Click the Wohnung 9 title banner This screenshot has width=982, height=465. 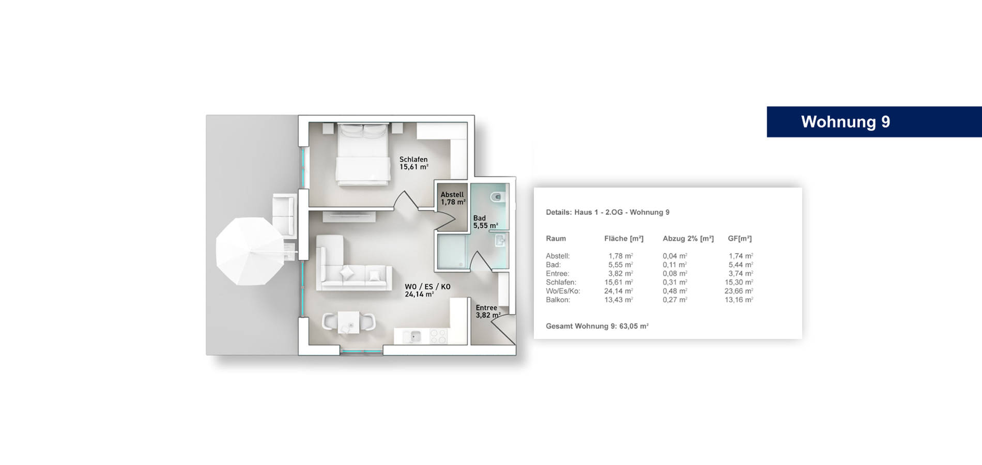874,122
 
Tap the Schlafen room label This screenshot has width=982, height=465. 413,160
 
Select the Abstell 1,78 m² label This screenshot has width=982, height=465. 453,198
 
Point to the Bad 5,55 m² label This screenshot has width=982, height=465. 485,222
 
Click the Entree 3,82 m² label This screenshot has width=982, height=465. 487,312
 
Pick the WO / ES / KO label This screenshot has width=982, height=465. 427,287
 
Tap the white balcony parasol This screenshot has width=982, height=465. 250,251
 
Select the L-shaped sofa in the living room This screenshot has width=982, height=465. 351,263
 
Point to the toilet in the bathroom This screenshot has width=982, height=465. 496,197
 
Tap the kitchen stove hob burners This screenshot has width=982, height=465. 438,337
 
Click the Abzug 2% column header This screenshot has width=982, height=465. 688,239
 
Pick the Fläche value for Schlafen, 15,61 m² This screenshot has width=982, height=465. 619,283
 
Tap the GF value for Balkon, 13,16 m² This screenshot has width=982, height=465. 739,300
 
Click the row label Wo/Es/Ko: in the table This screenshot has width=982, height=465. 563,291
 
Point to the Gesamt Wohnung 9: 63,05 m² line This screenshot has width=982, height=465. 597,327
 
